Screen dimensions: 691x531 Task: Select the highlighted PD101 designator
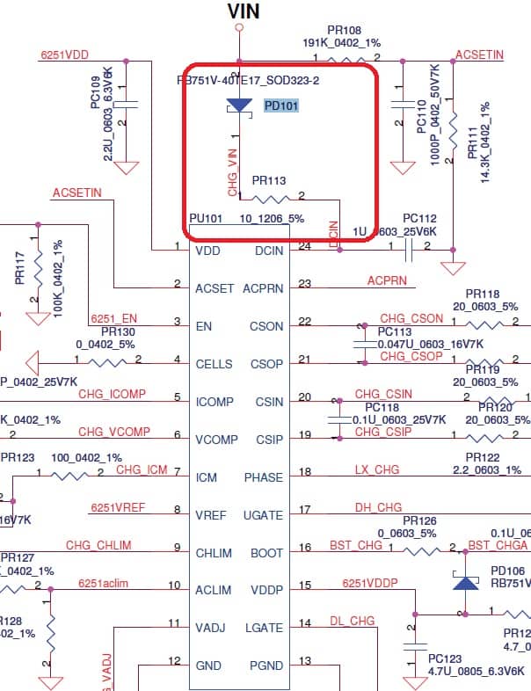pyautogui.click(x=281, y=105)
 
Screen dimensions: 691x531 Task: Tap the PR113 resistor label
pyautogui.click(x=269, y=180)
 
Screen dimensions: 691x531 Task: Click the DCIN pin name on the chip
pyautogui.click(x=268, y=251)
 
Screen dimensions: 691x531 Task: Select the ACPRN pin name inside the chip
pyautogui.click(x=263, y=287)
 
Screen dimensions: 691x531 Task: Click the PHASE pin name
pyautogui.click(x=264, y=477)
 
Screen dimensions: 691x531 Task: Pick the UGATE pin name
pyautogui.click(x=264, y=515)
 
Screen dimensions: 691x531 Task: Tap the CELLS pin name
pyautogui.click(x=215, y=364)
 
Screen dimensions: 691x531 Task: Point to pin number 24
pyautogui.click(x=305, y=246)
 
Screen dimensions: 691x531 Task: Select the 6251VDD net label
pyautogui.click(x=64, y=55)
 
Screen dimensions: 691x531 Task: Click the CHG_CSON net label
pyautogui.click(x=411, y=317)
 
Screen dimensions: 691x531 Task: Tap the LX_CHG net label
pyautogui.click(x=376, y=470)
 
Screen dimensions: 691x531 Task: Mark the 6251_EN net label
pyautogui.click(x=113, y=317)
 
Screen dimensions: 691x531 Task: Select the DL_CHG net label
pyautogui.click(x=352, y=621)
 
